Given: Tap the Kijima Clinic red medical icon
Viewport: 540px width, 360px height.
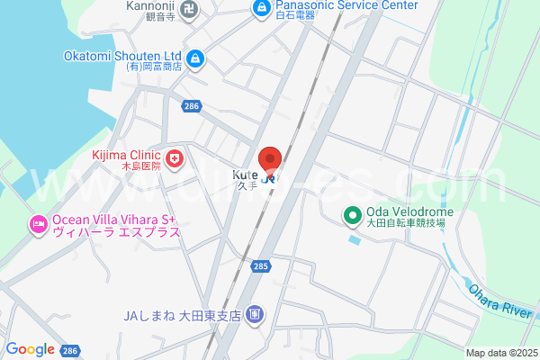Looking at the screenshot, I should [x=175, y=160].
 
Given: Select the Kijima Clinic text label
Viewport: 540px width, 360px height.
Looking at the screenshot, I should [x=126, y=155].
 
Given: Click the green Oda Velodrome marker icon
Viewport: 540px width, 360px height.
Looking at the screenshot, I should [x=352, y=216].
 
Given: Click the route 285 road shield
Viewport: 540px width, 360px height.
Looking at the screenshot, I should [x=261, y=266].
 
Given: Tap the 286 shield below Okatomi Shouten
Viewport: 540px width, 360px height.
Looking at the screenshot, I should [x=190, y=106].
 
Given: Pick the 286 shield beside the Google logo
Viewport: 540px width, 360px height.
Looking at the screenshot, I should [x=71, y=350].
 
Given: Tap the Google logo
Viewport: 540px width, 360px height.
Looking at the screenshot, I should [x=30, y=349].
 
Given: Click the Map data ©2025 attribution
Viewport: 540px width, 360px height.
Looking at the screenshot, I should [x=500, y=353].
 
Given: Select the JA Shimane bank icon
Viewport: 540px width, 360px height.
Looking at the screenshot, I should [x=256, y=314].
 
